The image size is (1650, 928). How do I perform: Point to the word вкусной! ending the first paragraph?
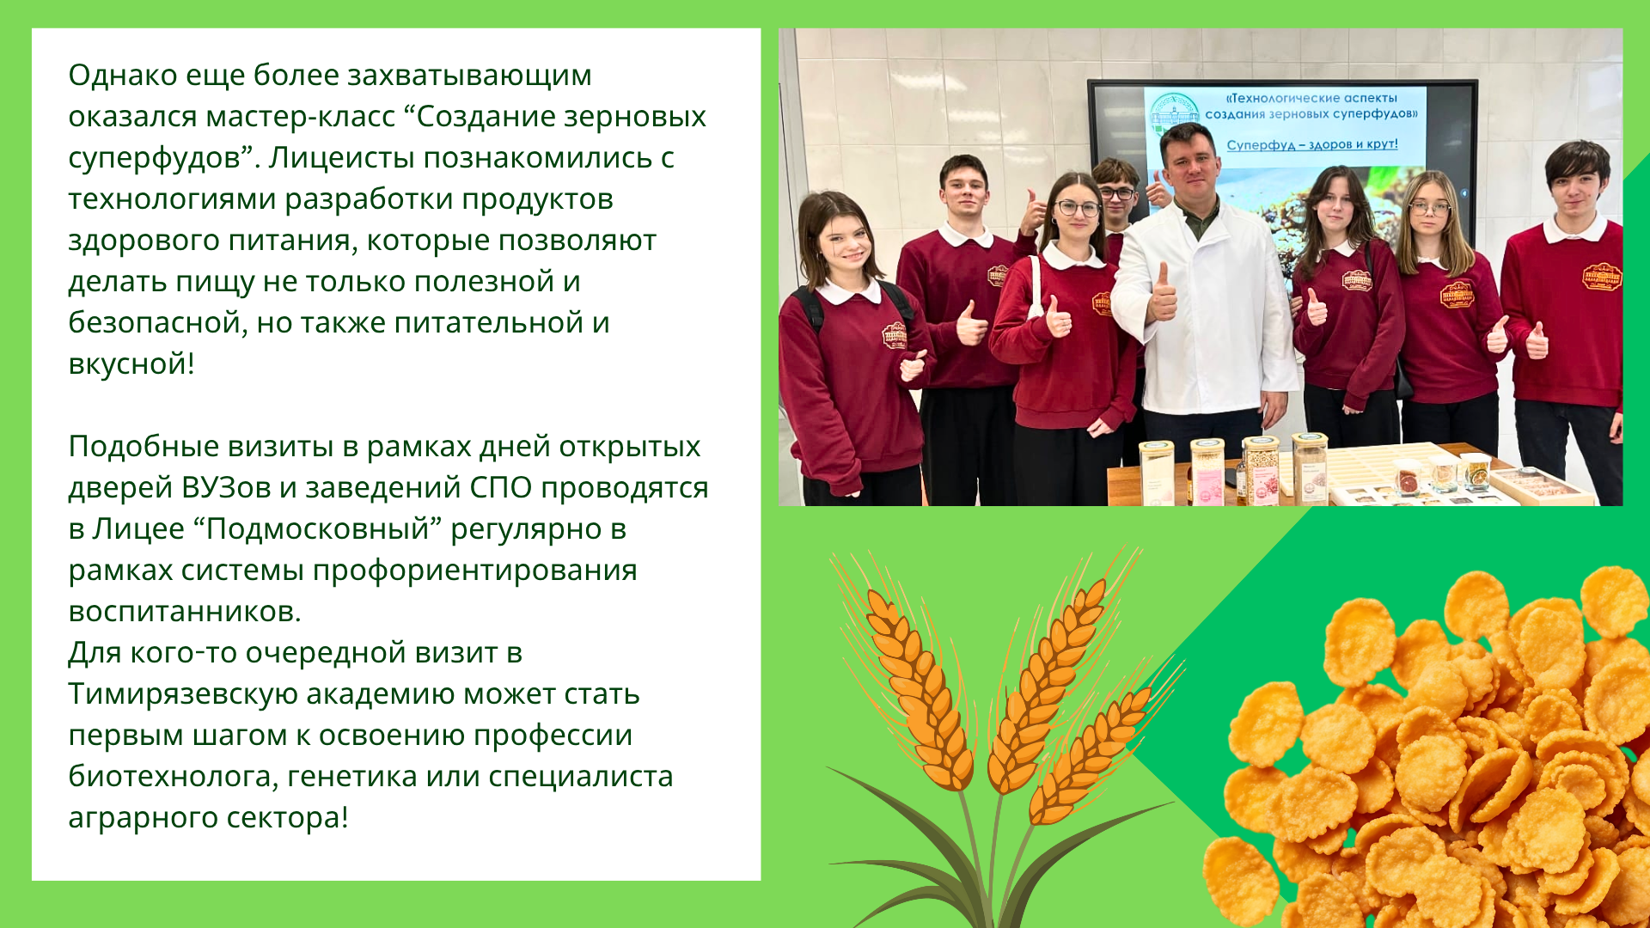pyautogui.click(x=131, y=364)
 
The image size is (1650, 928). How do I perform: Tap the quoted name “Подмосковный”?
pyautogui.click(x=317, y=529)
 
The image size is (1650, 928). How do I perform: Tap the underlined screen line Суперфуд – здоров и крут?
pyautogui.click(x=1312, y=144)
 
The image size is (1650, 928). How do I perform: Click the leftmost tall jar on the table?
pyautogui.click(x=1157, y=472)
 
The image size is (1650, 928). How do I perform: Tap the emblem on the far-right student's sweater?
pyautogui.click(x=1602, y=277)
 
